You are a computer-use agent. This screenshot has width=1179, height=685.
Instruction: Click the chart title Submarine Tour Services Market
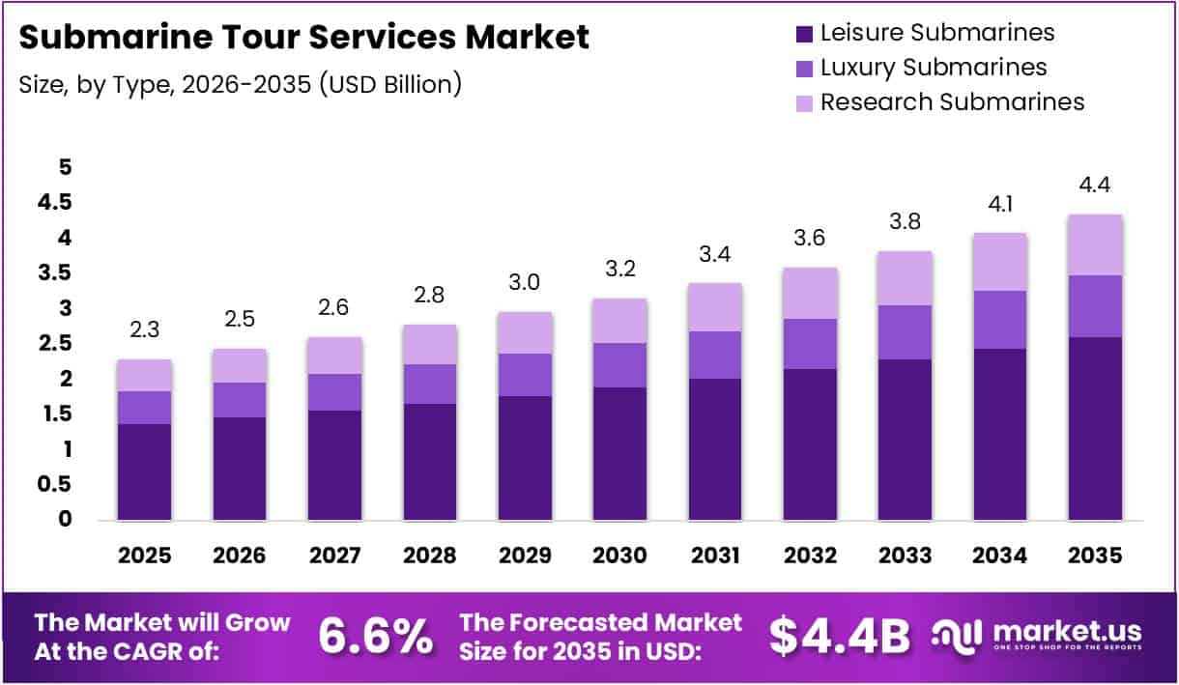coord(303,38)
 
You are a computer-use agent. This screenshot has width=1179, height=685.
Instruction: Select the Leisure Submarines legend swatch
coord(803,34)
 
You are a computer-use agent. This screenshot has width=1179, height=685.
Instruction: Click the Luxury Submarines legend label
coord(933,67)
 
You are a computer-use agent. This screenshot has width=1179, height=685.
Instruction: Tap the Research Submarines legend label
coord(952,101)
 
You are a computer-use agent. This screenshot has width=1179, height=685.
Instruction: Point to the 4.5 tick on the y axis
coord(55,202)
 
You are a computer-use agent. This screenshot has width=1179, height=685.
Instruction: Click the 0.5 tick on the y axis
coord(55,484)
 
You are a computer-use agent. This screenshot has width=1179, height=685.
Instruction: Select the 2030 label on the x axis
coord(620,556)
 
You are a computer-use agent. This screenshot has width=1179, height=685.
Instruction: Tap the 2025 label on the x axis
coord(145,556)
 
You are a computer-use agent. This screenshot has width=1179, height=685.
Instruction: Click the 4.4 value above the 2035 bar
coord(1095,185)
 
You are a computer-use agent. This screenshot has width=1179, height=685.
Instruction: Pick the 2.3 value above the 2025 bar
coord(145,330)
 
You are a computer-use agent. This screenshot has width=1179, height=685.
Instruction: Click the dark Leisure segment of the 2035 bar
coord(1095,429)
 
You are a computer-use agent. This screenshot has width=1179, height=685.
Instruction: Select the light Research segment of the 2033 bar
coord(906,278)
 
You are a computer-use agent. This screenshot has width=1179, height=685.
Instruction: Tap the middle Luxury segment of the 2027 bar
coord(335,392)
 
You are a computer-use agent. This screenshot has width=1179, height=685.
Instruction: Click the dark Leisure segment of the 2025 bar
coord(145,472)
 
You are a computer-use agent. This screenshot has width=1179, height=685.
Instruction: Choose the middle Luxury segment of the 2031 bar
coord(715,355)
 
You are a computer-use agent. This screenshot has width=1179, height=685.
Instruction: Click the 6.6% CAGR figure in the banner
coord(375,636)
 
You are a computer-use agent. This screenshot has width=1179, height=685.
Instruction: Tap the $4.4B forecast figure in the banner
coord(840,636)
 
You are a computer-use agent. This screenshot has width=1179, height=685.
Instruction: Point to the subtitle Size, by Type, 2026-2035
coord(240,84)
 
